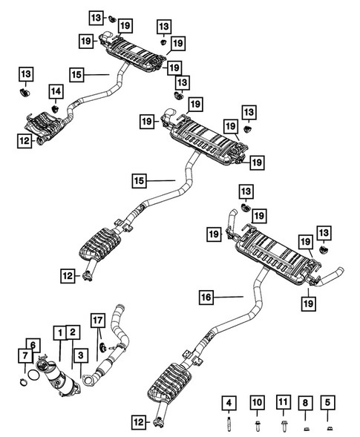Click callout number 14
coord(56,91)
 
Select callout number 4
coord(229,403)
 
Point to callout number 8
coord(305,403)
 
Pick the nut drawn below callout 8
coord(305,427)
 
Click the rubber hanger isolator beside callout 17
coord(101,346)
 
